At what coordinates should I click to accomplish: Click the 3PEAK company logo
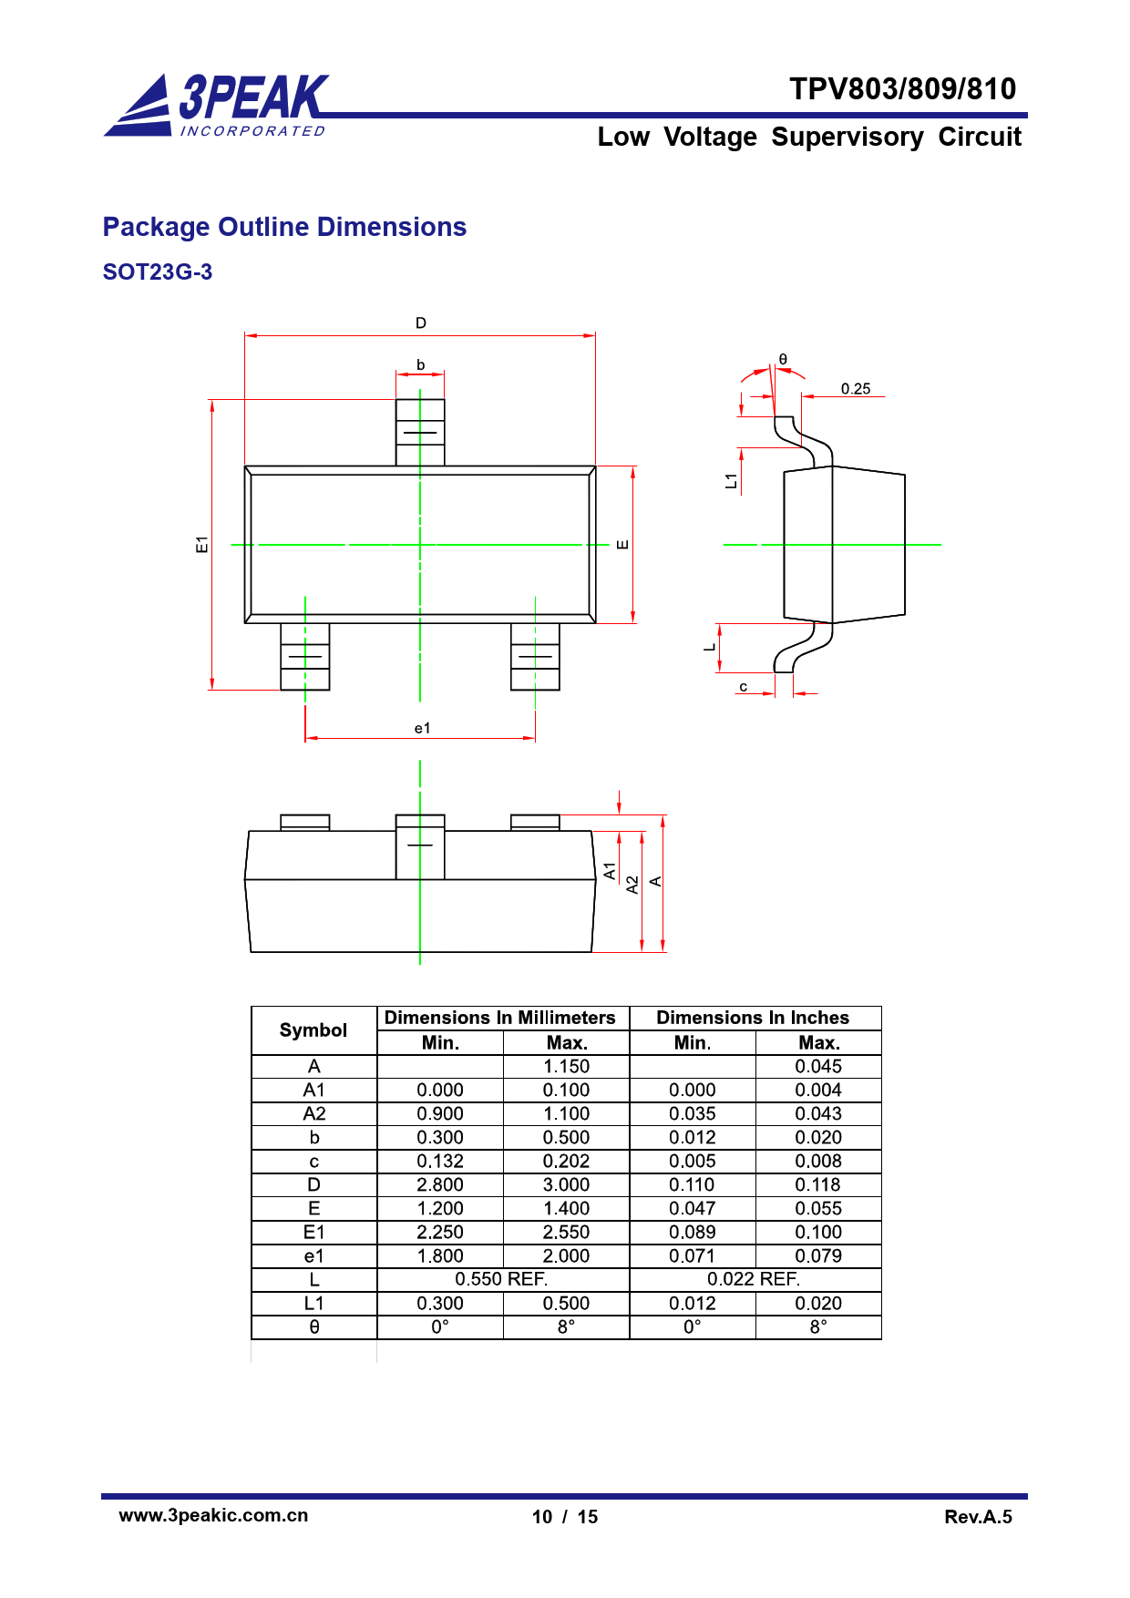(x=216, y=105)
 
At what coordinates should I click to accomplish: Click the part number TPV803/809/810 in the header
(x=902, y=89)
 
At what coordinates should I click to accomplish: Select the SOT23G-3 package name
(x=158, y=272)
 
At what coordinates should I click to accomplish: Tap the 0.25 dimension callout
(x=856, y=389)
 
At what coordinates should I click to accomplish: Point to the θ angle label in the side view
(x=783, y=360)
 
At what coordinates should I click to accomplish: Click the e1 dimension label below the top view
(x=422, y=728)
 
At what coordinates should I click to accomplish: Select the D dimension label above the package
(x=421, y=323)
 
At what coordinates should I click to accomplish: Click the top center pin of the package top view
(x=420, y=433)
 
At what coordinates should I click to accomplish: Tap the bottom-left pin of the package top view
(x=305, y=656)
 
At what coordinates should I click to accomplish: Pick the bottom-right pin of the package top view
(x=535, y=656)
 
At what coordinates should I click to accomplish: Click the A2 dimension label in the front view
(x=632, y=885)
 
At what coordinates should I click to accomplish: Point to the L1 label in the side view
(x=731, y=481)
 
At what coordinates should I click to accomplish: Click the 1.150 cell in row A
(x=567, y=1067)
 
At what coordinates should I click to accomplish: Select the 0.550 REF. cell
(x=502, y=1280)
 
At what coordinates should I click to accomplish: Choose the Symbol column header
(x=313, y=1030)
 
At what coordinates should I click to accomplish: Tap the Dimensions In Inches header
(x=753, y=1018)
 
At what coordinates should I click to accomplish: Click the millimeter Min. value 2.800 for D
(x=440, y=1185)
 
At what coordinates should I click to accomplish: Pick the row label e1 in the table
(x=314, y=1256)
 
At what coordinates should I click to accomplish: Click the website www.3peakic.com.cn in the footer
(x=214, y=1515)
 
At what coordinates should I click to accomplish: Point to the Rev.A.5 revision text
(x=979, y=1517)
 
